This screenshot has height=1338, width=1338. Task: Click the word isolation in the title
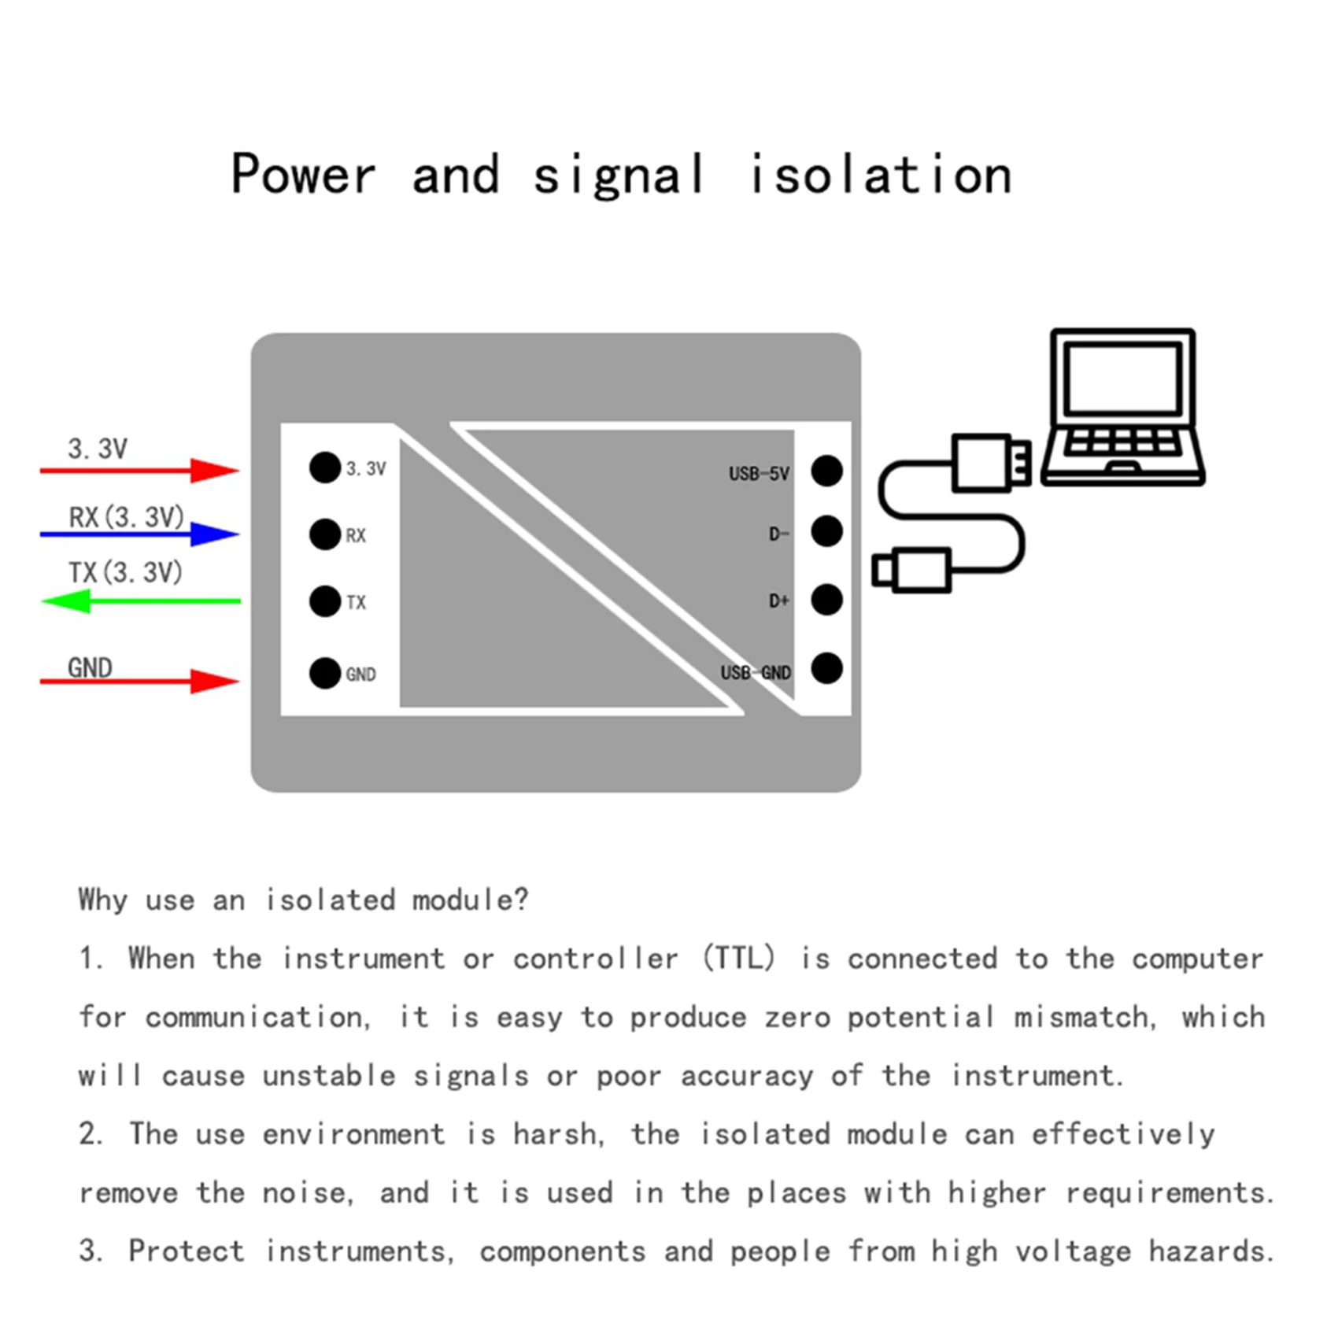(880, 175)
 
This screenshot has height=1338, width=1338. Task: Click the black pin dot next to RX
(324, 534)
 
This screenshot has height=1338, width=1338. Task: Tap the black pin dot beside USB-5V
(826, 471)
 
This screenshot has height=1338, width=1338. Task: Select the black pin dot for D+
(826, 600)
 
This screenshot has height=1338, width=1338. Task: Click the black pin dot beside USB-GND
(826, 668)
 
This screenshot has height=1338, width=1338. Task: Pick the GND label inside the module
(360, 675)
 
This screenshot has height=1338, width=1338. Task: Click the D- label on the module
(778, 534)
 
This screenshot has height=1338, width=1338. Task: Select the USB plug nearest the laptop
(990, 464)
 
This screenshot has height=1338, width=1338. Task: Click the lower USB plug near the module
(913, 569)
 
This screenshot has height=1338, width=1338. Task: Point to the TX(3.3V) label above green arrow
(125, 572)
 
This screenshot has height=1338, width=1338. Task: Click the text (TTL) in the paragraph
(738, 959)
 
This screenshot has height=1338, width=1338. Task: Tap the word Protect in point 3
(187, 1251)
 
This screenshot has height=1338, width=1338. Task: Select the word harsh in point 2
(558, 1134)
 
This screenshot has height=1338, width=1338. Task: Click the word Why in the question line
(102, 900)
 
